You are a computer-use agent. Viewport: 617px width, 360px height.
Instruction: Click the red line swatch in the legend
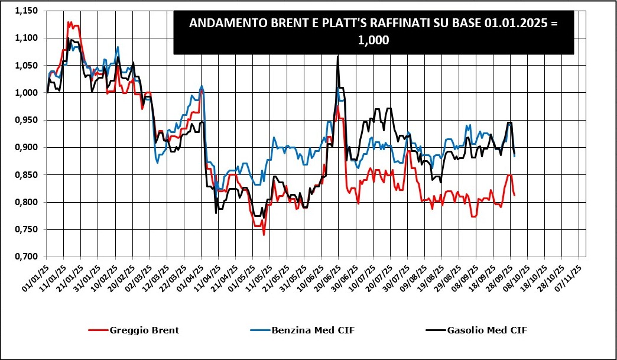tap(97, 330)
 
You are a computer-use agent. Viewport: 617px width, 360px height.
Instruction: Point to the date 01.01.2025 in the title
tap(512, 24)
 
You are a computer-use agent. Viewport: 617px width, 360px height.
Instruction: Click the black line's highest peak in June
tap(337, 57)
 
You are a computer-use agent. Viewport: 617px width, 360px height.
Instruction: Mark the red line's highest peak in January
tap(69, 22)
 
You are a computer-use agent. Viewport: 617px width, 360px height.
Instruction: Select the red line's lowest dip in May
tap(264, 235)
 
